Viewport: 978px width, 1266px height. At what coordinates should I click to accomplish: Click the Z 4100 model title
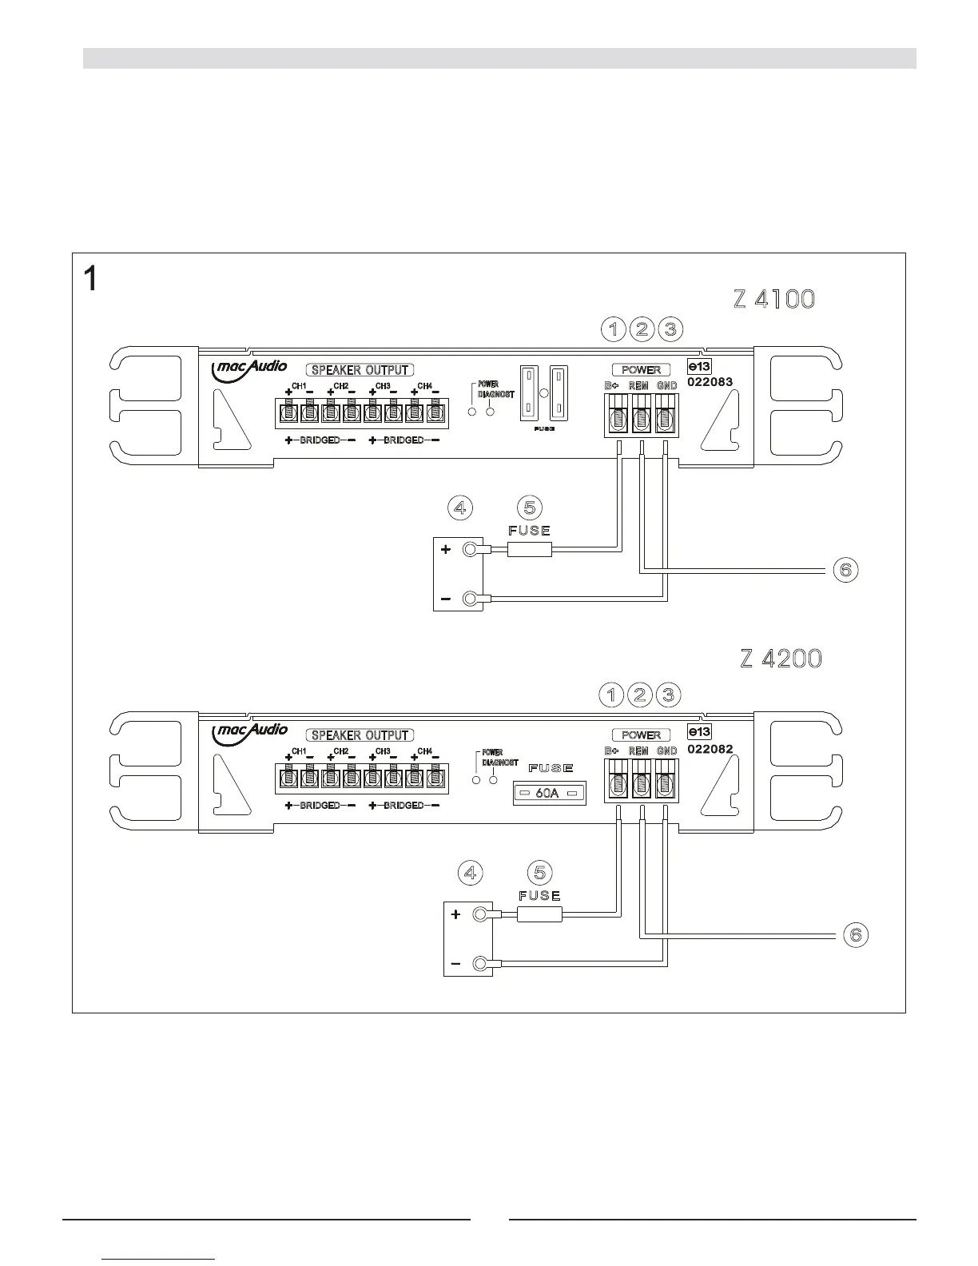pos(774,299)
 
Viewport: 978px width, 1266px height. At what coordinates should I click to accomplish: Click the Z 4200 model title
pos(781,659)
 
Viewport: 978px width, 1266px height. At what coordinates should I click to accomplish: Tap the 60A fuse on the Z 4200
pos(548,794)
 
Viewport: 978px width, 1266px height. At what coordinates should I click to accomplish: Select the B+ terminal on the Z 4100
pos(617,420)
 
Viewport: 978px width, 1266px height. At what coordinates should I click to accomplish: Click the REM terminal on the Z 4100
pos(642,420)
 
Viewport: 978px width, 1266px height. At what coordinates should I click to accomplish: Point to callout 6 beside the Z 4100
pos(846,570)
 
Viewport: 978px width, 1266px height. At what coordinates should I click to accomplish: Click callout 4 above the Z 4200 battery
pos(471,873)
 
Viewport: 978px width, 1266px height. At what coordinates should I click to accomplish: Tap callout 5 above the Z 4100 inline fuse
pos(530,508)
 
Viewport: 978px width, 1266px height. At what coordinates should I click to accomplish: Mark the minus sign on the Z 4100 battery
pos(446,599)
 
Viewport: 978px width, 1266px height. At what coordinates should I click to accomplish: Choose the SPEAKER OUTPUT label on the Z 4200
pos(360,735)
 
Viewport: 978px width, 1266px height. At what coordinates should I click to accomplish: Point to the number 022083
pos(710,382)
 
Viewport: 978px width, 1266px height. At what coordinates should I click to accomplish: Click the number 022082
pos(710,750)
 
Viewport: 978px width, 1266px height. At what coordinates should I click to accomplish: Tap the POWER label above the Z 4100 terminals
pos(641,370)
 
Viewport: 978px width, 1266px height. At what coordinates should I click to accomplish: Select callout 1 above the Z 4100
pos(614,328)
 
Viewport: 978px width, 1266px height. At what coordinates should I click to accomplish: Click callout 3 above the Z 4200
pos(668,695)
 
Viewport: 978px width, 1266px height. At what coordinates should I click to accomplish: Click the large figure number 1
pos(93,279)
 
